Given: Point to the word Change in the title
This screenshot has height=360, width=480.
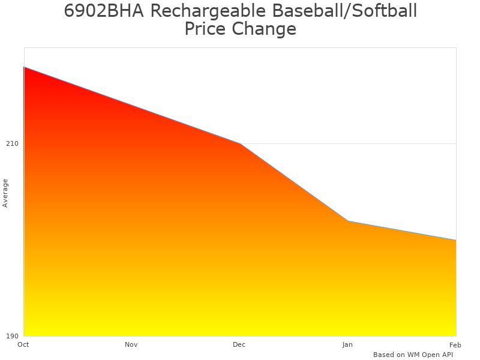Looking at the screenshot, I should [x=266, y=29].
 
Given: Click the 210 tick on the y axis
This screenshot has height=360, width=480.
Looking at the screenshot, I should [x=12, y=143].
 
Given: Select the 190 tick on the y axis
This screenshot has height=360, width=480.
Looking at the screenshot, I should [x=12, y=336].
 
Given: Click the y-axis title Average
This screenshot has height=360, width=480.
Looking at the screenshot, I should [x=5, y=193].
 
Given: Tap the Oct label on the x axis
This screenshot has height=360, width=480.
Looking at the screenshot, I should [x=23, y=344].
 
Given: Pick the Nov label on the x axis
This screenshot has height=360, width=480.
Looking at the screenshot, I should [x=131, y=344].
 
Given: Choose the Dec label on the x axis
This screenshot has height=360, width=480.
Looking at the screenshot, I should [x=239, y=344].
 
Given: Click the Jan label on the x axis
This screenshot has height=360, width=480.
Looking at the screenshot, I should [x=347, y=344].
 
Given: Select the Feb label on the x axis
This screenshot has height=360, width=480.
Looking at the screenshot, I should [x=455, y=344].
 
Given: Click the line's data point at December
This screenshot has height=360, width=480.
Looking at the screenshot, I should [x=240, y=143].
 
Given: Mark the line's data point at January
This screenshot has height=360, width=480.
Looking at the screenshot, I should [x=348, y=221].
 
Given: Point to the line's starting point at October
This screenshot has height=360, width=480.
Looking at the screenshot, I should [x=24, y=67].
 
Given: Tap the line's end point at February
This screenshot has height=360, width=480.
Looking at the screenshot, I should [x=455, y=240].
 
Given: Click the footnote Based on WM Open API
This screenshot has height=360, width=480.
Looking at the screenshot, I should [x=413, y=355].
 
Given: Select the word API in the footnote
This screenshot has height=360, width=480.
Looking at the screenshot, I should [x=446, y=355].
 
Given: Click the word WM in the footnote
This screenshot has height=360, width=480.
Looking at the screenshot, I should [x=413, y=355].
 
